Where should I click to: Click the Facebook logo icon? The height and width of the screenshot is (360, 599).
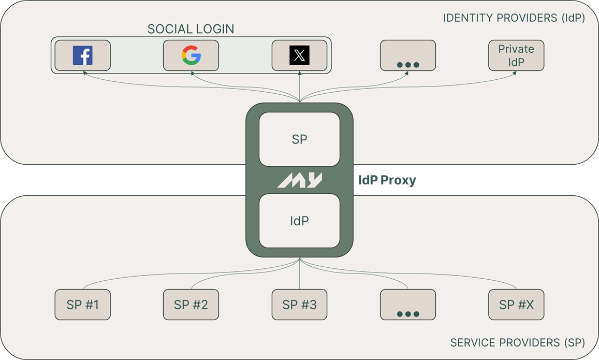point(83,55)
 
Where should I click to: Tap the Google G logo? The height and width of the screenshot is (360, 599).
point(191,55)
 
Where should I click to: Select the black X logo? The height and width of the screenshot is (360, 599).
point(299,55)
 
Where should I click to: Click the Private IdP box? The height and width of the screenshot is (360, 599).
point(516,55)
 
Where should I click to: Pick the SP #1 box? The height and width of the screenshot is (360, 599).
point(83,305)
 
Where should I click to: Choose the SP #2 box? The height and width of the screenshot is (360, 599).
point(191,305)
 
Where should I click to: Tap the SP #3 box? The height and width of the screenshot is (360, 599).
point(299,305)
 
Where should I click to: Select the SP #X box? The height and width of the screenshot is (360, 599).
point(516,305)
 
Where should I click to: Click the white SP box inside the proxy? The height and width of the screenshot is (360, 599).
point(299,139)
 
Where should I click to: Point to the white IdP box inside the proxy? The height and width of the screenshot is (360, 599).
point(299,221)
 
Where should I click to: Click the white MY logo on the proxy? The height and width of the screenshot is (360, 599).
point(300,180)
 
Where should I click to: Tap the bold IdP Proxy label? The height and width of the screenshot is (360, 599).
point(387,180)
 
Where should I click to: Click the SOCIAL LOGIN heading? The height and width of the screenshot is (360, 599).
point(191,29)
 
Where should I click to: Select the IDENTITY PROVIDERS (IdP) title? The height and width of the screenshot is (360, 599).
point(514,18)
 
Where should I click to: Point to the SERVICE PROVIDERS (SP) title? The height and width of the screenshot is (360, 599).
point(517,342)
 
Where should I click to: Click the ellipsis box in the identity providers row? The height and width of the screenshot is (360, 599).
point(408,55)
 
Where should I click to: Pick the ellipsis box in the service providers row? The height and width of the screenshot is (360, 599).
point(408,305)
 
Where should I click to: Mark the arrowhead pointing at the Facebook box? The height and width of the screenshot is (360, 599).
point(83,74)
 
